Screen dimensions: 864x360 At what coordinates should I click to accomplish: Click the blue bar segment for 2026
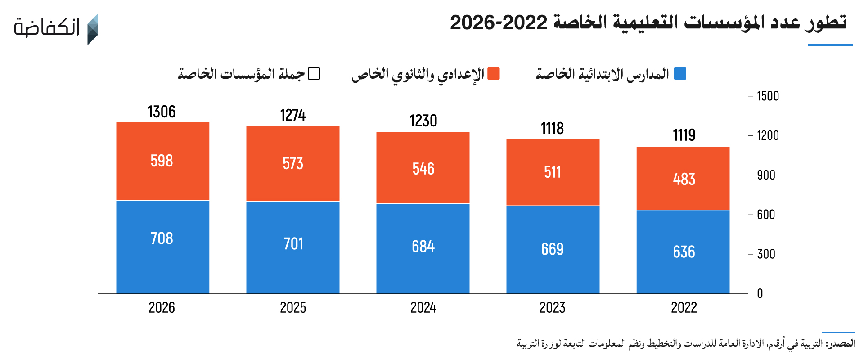click(x=163, y=247)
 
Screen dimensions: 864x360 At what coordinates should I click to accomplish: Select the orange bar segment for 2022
click(x=683, y=178)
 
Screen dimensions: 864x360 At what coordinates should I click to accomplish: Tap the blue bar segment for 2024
click(x=423, y=249)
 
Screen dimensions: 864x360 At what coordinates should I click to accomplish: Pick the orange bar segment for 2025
click(x=293, y=164)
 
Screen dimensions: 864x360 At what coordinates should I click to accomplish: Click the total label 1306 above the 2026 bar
click(x=162, y=112)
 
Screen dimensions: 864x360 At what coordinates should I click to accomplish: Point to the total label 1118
click(x=552, y=129)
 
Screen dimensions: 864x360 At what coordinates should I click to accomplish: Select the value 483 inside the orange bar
click(x=684, y=179)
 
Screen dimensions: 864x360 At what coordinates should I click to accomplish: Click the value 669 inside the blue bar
click(x=552, y=249)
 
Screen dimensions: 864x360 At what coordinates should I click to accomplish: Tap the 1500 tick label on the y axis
click(x=768, y=96)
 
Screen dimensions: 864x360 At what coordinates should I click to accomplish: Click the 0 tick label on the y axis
click(x=760, y=293)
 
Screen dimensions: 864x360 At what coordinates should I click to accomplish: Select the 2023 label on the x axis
click(x=552, y=308)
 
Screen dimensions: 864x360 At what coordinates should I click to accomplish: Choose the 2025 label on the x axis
click(x=293, y=308)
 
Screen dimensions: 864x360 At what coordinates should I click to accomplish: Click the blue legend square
click(x=680, y=73)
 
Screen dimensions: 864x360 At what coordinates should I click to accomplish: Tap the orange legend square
click(x=494, y=73)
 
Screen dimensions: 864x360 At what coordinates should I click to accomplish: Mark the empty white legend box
click(x=314, y=73)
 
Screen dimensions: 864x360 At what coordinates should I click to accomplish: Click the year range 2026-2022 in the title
click(x=499, y=22)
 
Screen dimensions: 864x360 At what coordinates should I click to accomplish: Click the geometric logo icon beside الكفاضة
click(x=92, y=29)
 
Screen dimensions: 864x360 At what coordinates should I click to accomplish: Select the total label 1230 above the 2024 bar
click(x=423, y=121)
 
